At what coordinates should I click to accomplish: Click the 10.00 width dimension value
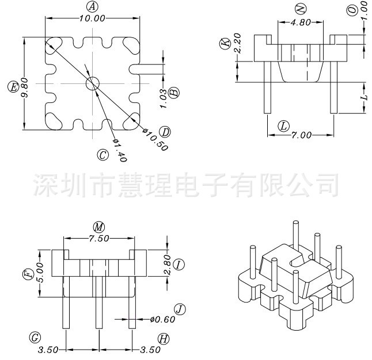92,18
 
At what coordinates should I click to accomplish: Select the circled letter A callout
92,6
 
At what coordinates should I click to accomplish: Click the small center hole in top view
92,84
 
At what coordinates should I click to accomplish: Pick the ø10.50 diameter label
155,139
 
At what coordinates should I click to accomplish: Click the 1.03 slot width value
164,98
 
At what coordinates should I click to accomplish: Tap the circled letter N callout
299,8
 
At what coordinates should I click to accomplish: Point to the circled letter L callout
283,125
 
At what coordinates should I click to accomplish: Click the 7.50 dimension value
99,238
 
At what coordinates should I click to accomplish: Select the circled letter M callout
99,227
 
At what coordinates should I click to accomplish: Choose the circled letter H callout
164,338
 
